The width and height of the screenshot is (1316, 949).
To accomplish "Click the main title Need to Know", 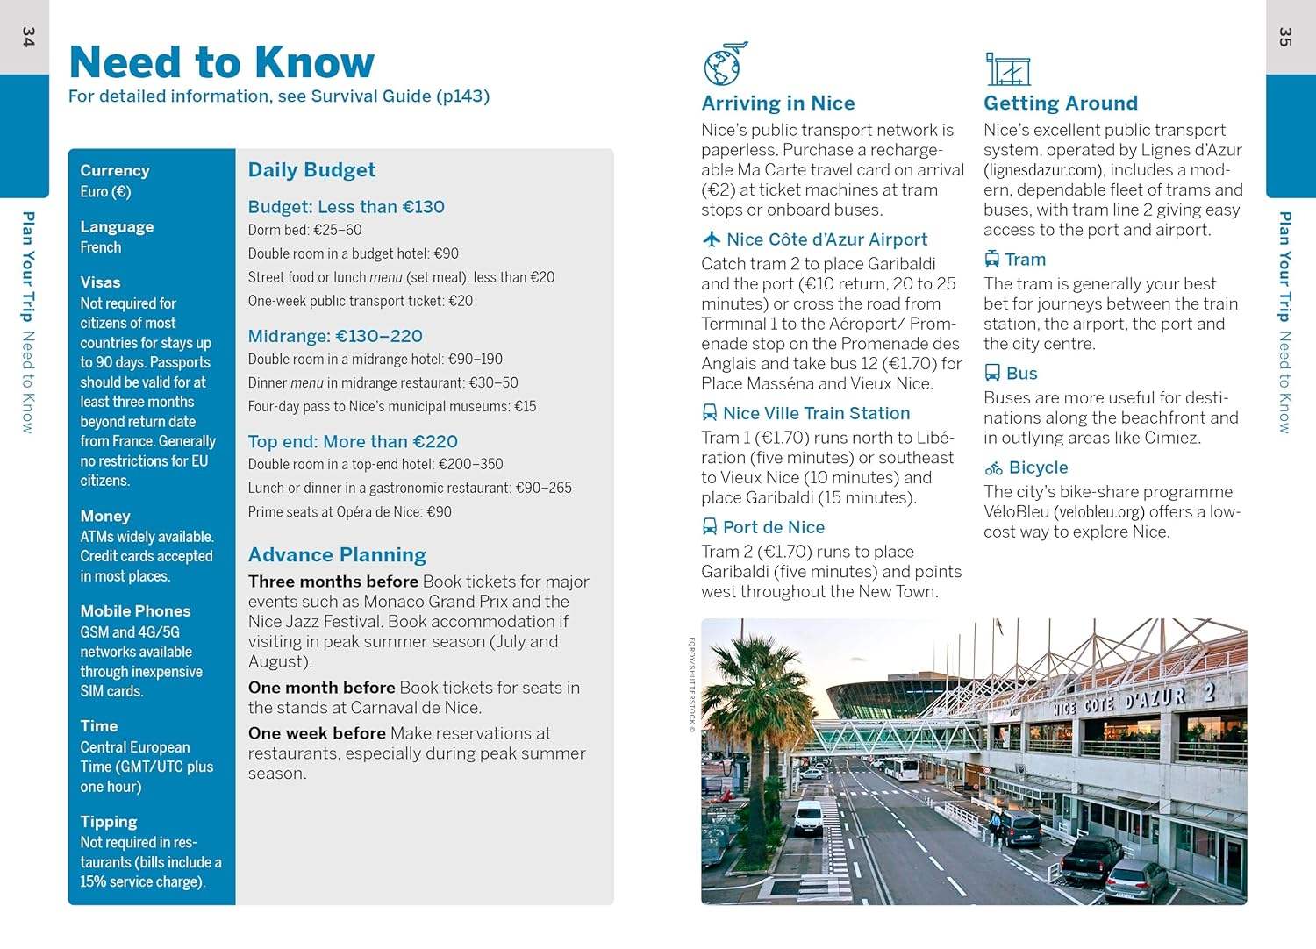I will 221,62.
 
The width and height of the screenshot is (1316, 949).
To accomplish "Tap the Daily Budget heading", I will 311,170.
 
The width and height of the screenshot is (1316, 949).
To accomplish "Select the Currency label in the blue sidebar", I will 115,170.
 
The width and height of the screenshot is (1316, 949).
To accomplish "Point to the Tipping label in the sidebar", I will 109,822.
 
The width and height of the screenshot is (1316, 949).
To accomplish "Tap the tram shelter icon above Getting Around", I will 1007,68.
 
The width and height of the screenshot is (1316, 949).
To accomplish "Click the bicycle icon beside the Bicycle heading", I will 993,468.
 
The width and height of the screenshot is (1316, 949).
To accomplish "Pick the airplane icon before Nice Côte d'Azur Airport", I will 712,239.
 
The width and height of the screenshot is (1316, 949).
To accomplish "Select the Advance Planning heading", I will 337,555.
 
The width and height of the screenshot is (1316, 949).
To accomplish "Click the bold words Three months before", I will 333,582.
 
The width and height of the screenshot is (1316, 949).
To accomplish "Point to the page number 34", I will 28,37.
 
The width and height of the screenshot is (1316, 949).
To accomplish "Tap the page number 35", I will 1285,37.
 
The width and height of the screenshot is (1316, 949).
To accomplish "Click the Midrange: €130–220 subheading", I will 335,336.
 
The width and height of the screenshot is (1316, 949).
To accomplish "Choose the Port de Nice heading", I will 773,527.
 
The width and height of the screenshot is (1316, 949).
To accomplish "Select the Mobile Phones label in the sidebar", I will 135,611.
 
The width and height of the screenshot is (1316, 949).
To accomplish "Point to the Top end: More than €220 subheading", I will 353,442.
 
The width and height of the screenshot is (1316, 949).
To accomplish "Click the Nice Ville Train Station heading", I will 816,413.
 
